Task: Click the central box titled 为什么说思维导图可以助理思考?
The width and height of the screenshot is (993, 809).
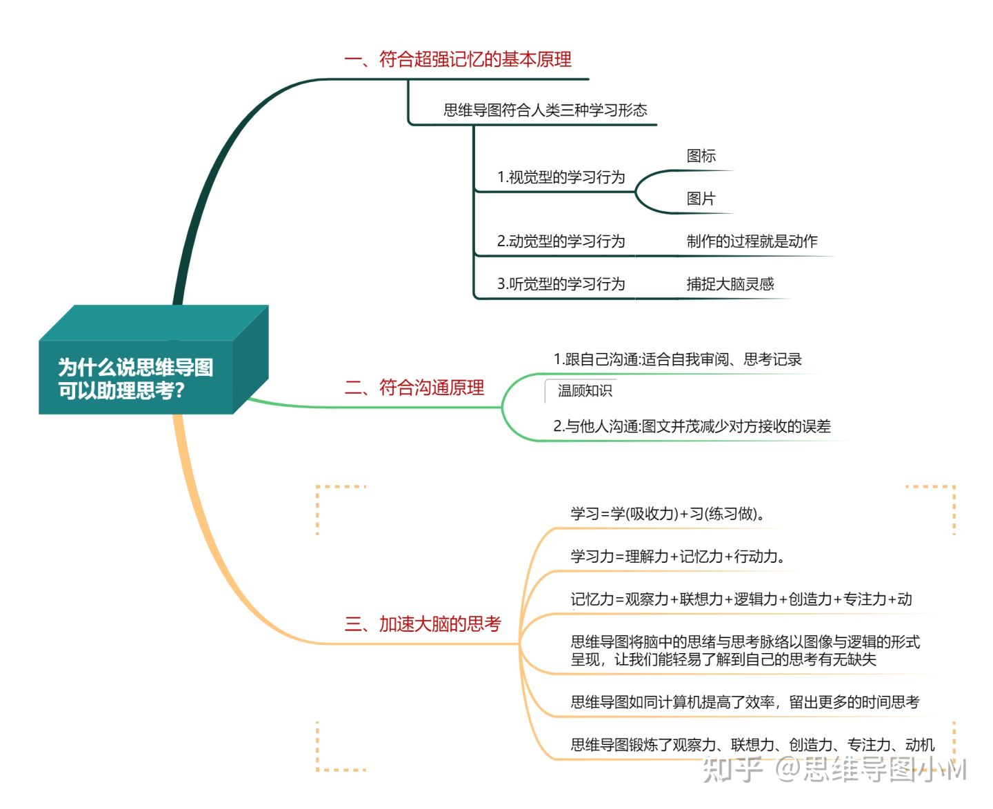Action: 153,359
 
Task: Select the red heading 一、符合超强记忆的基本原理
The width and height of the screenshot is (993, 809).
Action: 458,59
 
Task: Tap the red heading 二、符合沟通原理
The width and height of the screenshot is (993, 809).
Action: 414,388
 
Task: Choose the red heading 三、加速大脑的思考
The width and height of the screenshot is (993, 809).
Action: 423,624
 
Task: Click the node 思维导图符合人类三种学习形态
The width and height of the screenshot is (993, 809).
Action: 545,110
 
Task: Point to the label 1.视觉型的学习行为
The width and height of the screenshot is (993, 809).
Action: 561,177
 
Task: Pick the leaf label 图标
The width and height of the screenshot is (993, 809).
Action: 701,156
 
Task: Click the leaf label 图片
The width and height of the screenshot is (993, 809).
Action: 701,199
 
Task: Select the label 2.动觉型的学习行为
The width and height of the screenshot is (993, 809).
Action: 561,241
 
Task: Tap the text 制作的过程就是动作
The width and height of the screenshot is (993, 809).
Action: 752,241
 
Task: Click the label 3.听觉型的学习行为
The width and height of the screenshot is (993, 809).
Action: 561,284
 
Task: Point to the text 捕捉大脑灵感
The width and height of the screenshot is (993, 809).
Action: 730,284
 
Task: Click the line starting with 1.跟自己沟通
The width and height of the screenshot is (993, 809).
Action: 677,359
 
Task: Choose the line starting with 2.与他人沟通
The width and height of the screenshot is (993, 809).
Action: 692,426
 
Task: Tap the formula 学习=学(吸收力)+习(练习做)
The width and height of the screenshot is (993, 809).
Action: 668,514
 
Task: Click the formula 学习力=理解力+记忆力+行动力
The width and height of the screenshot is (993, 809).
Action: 678,557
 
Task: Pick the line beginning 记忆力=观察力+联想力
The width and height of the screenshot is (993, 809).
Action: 741,599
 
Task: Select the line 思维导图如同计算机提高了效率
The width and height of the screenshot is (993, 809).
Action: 745,702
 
